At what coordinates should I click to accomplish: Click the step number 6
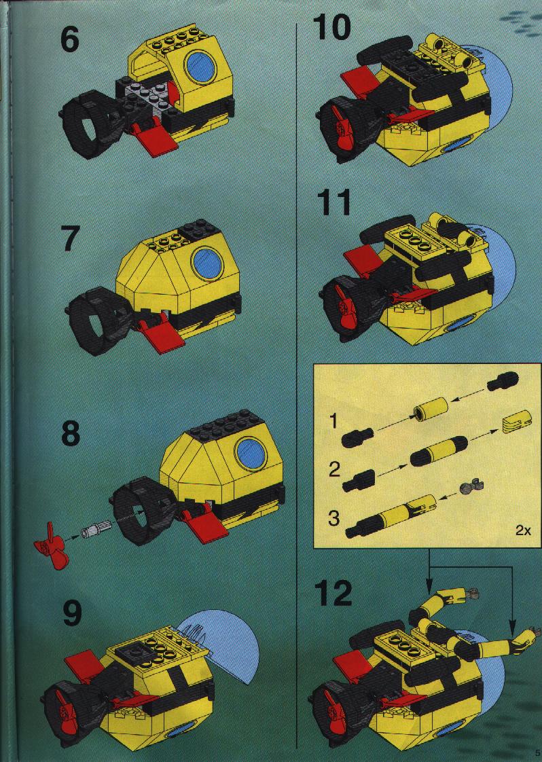coord(69,39)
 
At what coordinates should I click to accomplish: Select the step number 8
coord(71,433)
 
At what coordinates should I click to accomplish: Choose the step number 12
coord(333,594)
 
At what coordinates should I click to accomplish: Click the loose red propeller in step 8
coord(50,545)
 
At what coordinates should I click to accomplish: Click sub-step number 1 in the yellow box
coord(333,422)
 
